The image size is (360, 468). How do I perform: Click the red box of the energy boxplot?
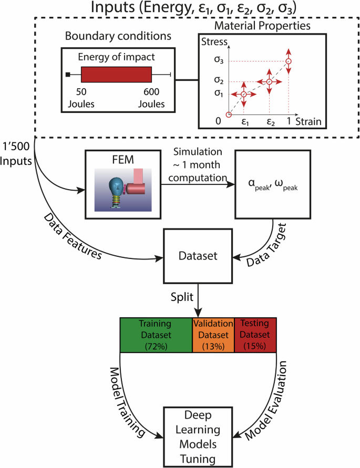click(116, 75)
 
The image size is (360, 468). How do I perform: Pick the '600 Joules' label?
click(151, 98)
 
